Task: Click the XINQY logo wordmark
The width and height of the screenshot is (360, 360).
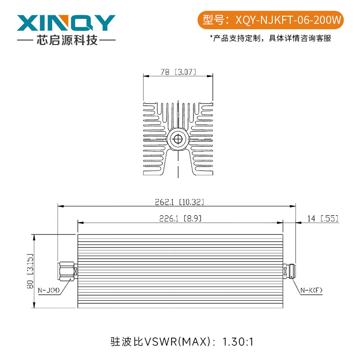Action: coord(66,23)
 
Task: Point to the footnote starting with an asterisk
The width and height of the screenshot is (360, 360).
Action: coord(270,38)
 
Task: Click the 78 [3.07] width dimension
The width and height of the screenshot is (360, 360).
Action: coord(178,72)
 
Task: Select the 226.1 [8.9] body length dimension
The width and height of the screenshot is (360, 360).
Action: coord(180,218)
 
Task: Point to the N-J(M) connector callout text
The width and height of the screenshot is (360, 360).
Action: coord(49,290)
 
